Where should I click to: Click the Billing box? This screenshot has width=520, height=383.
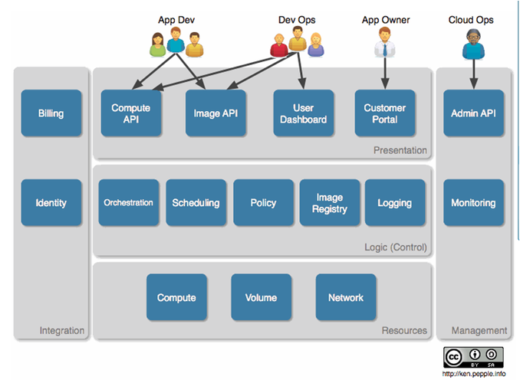51,113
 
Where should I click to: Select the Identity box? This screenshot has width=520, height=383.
51,202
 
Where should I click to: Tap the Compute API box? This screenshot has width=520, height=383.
131,113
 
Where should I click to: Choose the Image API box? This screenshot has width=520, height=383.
216,113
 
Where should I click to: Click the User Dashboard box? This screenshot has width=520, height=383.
304,113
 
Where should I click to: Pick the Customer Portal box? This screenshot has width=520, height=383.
384,113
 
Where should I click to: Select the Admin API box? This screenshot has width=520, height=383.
473,113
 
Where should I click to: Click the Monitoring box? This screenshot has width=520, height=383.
473,202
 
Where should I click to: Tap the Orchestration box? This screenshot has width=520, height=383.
128,202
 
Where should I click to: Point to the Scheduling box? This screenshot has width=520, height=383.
196,202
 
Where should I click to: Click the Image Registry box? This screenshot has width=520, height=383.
330,202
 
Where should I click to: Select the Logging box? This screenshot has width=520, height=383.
394,202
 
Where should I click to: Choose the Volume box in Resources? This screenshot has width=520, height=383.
261,297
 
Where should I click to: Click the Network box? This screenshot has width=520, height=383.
345,297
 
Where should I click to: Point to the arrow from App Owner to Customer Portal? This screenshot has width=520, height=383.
383,73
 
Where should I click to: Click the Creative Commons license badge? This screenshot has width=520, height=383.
473,357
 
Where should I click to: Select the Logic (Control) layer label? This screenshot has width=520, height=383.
396,247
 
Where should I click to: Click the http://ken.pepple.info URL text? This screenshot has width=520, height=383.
474,374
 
